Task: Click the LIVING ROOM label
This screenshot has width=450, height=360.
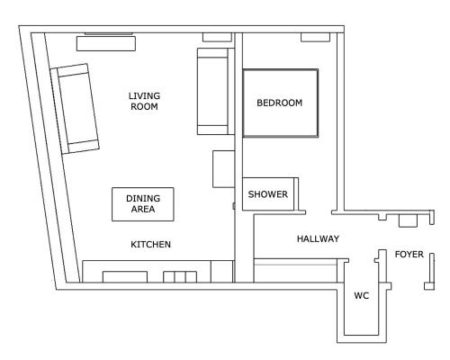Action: pos(144,102)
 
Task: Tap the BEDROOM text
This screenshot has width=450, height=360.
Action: pos(279,103)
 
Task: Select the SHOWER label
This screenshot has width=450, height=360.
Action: pos(268,194)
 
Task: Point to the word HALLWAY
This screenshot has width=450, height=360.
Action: pos(318,238)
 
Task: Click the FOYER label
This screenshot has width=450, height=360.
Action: pos(409,255)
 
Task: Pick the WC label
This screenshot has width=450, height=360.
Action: pos(362,296)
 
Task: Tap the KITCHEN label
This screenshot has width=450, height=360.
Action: pos(151,245)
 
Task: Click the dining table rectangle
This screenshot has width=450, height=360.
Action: pos(143,204)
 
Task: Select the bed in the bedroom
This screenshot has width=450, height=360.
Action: pos(281,103)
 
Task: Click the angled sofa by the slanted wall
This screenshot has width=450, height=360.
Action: pos(75,109)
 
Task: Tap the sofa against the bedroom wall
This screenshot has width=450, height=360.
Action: pos(215,91)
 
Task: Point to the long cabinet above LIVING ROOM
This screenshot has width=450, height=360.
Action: pos(106,43)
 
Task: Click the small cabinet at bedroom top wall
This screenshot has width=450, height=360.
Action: pos(315,37)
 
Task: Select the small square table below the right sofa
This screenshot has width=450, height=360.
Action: pos(223,169)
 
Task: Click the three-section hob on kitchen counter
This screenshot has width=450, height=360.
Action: pos(180,277)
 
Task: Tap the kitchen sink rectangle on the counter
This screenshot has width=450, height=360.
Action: pos(125,277)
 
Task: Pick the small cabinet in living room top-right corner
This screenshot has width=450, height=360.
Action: pos(217,37)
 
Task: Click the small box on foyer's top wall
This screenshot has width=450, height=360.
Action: pos(408,220)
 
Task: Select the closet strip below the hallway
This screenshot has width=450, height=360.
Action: pos(295,270)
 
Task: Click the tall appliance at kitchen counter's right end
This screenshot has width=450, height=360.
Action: pos(222,272)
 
